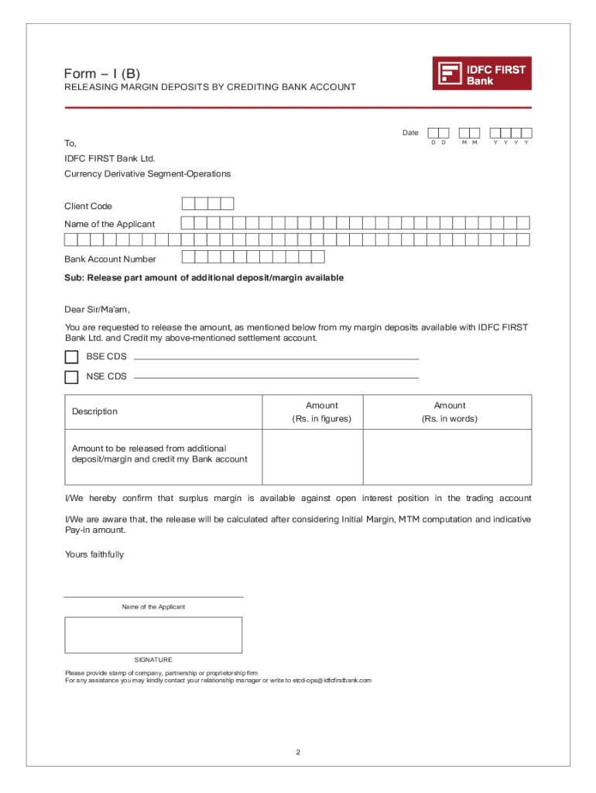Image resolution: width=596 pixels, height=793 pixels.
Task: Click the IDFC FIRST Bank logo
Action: click(x=481, y=74)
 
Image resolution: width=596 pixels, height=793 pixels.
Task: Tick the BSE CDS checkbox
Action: click(x=71, y=357)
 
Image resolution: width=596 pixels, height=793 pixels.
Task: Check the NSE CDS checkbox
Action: click(x=71, y=377)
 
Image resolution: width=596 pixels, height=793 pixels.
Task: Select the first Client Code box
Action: click(x=188, y=204)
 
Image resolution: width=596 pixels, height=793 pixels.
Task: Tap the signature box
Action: click(x=153, y=635)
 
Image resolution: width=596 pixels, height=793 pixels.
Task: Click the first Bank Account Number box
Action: click(x=188, y=257)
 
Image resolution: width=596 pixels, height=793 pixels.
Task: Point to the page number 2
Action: click(x=298, y=752)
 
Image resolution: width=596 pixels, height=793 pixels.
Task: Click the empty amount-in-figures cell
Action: click(x=313, y=456)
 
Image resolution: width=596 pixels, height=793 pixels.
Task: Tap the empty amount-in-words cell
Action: click(x=447, y=456)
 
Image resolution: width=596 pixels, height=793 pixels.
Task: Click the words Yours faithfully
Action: click(x=94, y=554)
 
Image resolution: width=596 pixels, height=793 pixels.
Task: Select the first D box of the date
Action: click(x=433, y=132)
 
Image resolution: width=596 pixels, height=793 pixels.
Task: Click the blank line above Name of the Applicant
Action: click(x=153, y=596)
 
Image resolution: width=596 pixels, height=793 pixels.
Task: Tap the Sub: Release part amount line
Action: click(x=204, y=277)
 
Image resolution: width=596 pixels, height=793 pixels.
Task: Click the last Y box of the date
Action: click(x=527, y=132)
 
